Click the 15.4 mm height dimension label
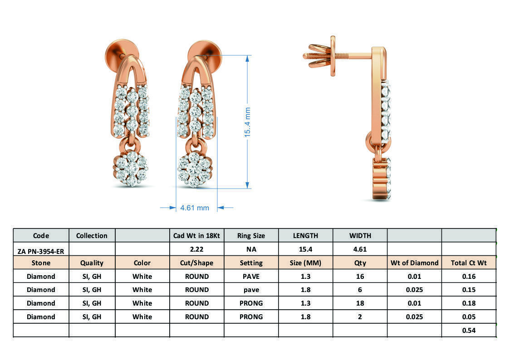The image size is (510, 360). click(248, 122)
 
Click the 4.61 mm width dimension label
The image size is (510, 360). click(195, 208)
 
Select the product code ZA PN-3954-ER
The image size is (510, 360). click(41, 250)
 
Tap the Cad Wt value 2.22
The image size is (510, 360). click(196, 249)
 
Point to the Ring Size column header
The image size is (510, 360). click(251, 236)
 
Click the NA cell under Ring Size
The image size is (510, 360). click(251, 249)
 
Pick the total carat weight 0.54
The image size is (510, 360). click(468, 331)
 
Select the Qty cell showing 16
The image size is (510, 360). click(360, 276)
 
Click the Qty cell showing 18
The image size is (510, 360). click(360, 303)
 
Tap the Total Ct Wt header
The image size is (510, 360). click(468, 263)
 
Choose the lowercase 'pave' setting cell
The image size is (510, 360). click(251, 290)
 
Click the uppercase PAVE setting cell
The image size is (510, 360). click(251, 276)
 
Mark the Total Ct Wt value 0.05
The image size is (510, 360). click(468, 317)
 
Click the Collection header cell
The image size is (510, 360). click(92, 236)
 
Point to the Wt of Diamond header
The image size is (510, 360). click(414, 263)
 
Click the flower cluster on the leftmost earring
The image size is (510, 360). click(131, 169)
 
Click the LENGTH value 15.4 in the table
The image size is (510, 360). click(305, 249)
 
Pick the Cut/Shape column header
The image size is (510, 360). click(196, 263)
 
